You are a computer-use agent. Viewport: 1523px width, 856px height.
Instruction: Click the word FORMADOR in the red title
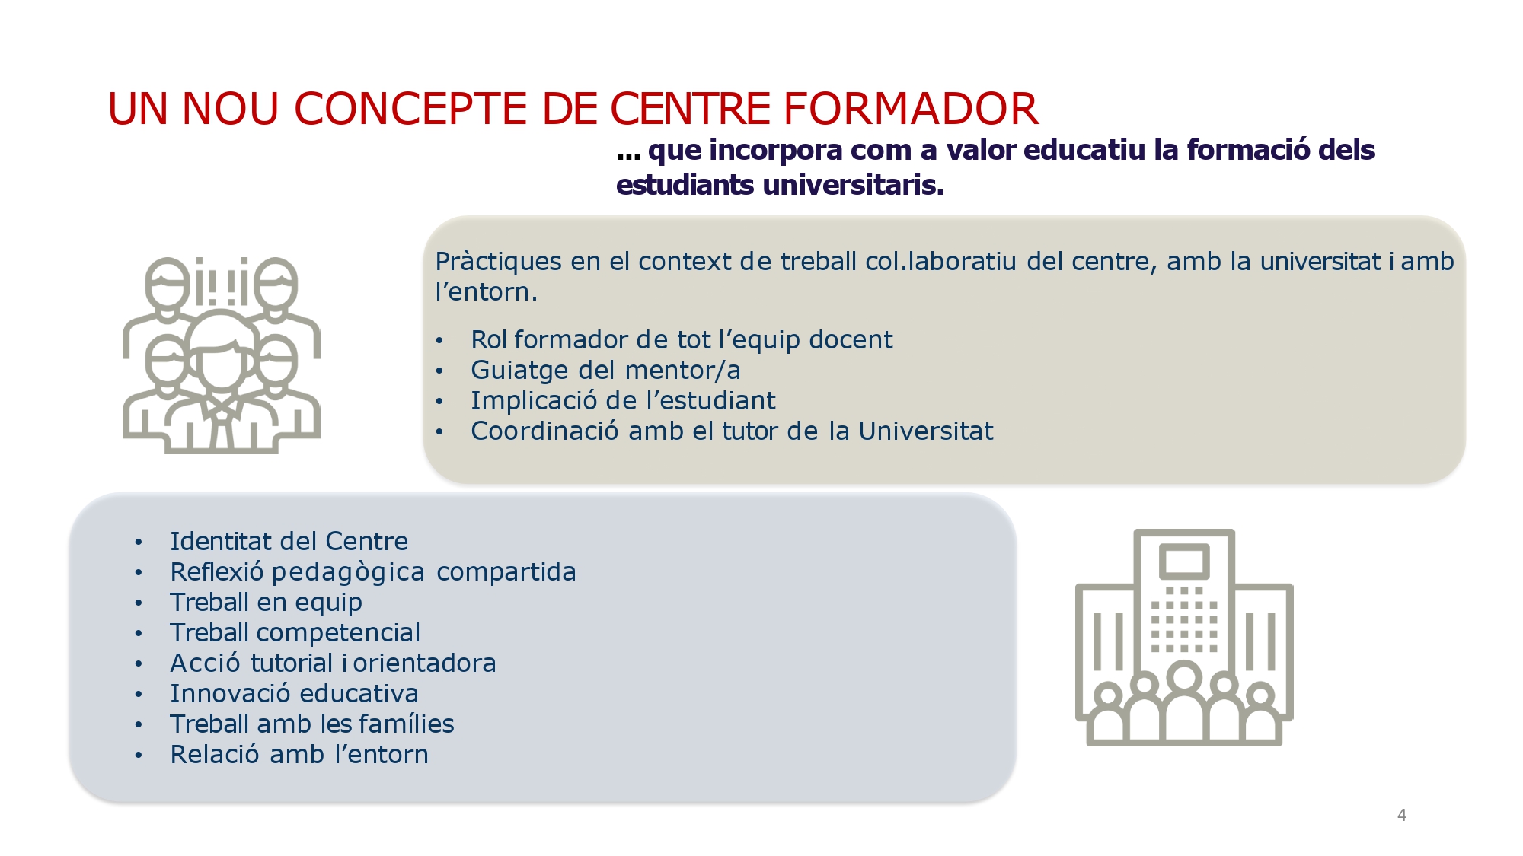click(x=911, y=108)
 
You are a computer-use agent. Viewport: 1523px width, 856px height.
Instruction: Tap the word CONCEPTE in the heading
click(x=410, y=108)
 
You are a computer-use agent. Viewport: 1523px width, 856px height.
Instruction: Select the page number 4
click(x=1402, y=815)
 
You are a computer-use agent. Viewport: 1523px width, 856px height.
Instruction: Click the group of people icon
click(x=222, y=355)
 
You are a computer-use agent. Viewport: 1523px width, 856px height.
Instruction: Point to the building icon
click(x=1184, y=638)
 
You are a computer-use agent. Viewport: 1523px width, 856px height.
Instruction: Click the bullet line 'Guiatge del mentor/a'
click(x=605, y=370)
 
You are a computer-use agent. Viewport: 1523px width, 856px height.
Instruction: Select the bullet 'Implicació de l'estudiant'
click(x=623, y=400)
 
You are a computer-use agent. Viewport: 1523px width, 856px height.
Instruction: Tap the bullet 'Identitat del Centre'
click(x=289, y=541)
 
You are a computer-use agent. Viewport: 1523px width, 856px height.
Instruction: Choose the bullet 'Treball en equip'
click(x=266, y=603)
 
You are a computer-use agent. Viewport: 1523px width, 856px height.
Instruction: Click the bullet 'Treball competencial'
click(x=295, y=632)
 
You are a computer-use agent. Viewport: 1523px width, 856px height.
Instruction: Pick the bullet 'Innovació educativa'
click(x=294, y=693)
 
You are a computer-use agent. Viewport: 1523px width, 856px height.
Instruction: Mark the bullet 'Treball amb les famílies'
click(x=311, y=724)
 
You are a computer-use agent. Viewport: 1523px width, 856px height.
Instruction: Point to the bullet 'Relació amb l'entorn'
click(x=299, y=754)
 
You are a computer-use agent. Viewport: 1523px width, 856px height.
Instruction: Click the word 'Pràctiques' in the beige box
click(x=498, y=262)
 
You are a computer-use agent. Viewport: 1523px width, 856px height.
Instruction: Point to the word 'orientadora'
click(x=424, y=663)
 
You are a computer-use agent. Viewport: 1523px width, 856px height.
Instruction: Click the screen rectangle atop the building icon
click(x=1184, y=562)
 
